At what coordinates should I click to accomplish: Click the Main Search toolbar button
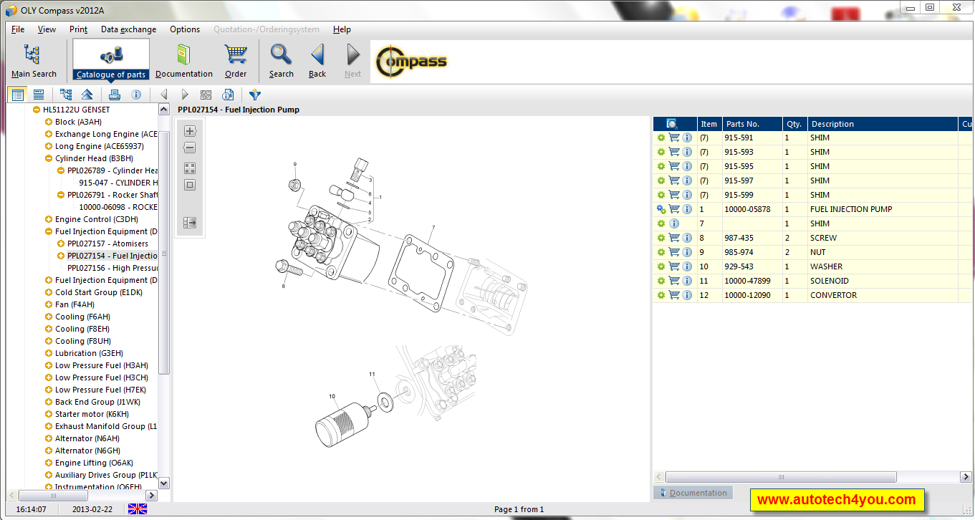[33, 60]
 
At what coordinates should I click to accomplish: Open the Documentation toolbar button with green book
[183, 60]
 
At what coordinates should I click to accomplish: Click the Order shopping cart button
[236, 60]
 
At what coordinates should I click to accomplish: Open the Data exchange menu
[128, 29]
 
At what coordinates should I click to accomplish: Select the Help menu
[342, 29]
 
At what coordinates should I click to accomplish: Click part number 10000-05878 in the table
[747, 209]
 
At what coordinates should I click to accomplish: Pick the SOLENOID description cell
[829, 281]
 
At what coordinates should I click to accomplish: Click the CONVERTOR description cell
[833, 295]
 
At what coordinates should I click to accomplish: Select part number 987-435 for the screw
[739, 238]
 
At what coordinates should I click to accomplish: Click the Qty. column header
[793, 124]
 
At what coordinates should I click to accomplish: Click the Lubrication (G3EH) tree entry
[89, 353]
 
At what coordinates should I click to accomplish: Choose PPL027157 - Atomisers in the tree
[107, 244]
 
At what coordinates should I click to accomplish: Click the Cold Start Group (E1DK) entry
[98, 292]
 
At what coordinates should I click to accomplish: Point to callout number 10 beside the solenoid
[332, 396]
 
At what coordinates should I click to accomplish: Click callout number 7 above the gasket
[433, 228]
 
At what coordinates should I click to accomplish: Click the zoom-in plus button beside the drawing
[190, 131]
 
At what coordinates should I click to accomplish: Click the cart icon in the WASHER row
[674, 266]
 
